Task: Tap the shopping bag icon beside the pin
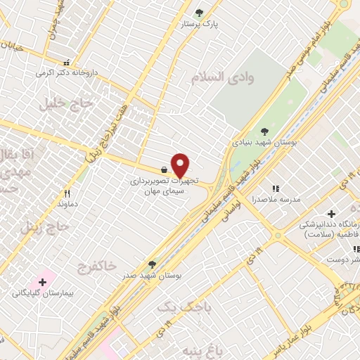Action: (164, 169)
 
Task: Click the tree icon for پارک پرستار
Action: (199, 13)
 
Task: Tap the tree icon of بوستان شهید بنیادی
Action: (264, 131)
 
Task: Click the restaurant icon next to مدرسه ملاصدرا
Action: (276, 188)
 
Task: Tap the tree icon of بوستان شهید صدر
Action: (152, 264)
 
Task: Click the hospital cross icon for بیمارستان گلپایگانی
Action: (43, 283)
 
